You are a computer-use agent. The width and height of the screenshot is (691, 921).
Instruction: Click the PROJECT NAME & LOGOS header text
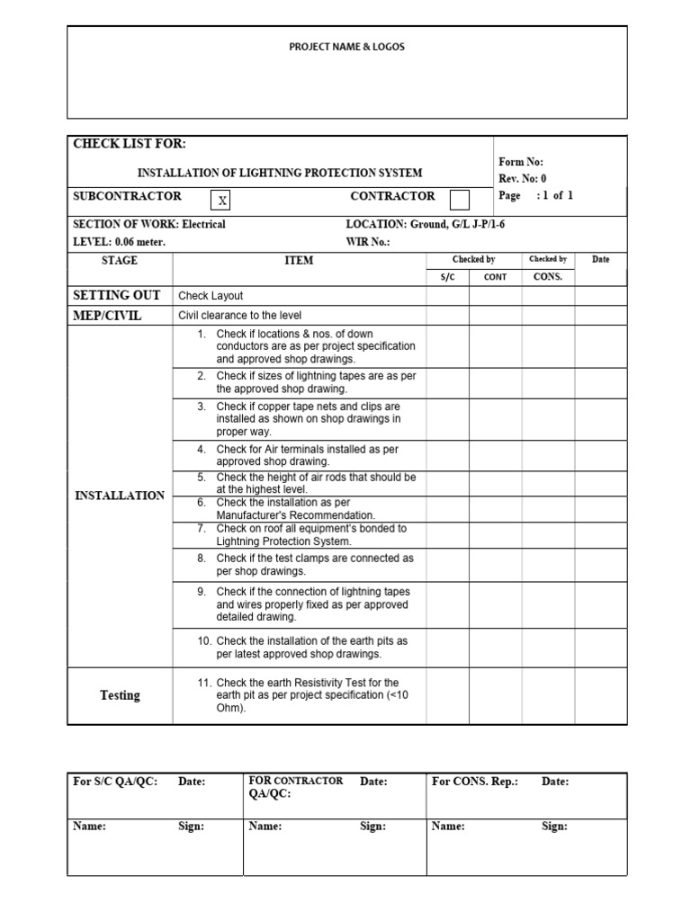point(346,47)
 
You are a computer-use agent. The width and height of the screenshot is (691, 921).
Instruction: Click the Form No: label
point(521,163)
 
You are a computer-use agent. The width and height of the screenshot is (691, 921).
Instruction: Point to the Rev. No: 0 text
point(523,179)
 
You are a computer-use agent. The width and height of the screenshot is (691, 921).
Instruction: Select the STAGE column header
point(120,260)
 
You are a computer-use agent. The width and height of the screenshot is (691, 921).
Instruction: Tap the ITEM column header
point(299,261)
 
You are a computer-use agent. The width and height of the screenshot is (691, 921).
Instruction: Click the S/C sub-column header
point(447,277)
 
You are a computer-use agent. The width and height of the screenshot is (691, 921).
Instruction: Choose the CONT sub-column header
point(495,277)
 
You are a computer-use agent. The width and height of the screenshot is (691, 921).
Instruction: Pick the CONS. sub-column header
point(547,277)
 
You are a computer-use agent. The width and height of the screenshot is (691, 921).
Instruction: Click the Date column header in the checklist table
point(600,260)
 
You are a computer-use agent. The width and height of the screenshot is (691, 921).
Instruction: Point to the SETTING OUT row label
point(116,295)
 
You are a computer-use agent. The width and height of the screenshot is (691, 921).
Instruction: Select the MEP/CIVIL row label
point(107,316)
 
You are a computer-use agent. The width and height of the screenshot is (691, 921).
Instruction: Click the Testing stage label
point(120,695)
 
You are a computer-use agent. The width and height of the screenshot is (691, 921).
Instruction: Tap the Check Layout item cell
point(211,296)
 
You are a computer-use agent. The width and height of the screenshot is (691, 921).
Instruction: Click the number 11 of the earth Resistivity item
point(203,683)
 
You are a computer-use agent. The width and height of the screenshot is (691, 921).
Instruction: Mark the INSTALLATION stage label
point(120,496)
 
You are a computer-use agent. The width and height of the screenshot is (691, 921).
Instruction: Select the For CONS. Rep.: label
point(475,782)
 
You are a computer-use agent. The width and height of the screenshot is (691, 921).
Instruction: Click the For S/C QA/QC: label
point(115,782)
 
